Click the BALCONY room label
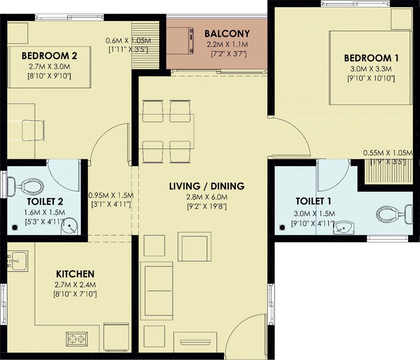(227, 34)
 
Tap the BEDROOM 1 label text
(371, 58)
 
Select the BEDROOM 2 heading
(49, 56)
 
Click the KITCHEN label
(75, 274)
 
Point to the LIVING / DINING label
(207, 186)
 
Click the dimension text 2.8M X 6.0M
(207, 196)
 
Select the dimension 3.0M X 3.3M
(371, 68)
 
